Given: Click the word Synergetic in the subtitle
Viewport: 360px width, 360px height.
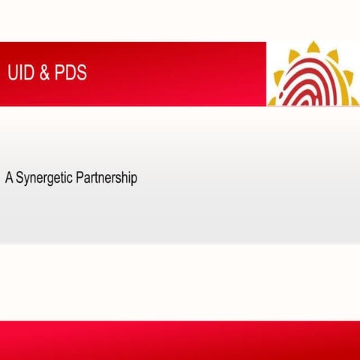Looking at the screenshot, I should pyautogui.click(x=44, y=180).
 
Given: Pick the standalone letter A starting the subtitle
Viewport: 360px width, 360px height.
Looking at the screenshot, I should pyautogui.click(x=9, y=179).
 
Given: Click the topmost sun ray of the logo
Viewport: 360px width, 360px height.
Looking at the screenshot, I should pyautogui.click(x=312, y=47).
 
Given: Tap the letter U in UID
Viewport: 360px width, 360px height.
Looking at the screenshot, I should pyautogui.click(x=12, y=73).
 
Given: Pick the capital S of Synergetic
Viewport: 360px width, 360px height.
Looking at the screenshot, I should pyautogui.click(x=19, y=179).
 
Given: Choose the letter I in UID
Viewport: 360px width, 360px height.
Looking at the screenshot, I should pyautogui.click(x=19, y=73).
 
